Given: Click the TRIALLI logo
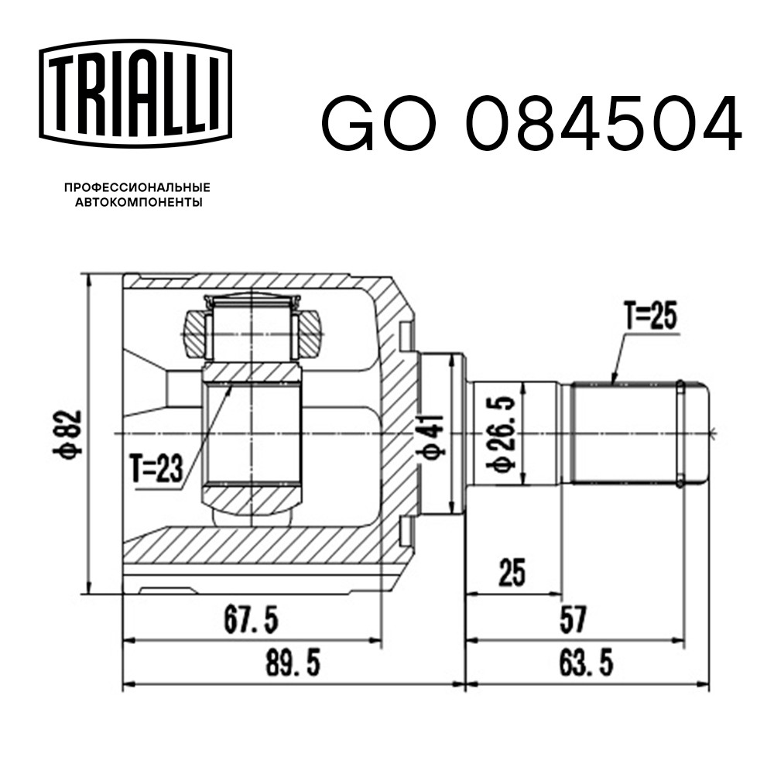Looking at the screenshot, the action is click(x=135, y=94).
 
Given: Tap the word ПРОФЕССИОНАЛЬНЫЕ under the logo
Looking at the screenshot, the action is click(x=137, y=187).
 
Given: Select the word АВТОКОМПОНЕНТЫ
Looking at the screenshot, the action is click(x=139, y=202).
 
